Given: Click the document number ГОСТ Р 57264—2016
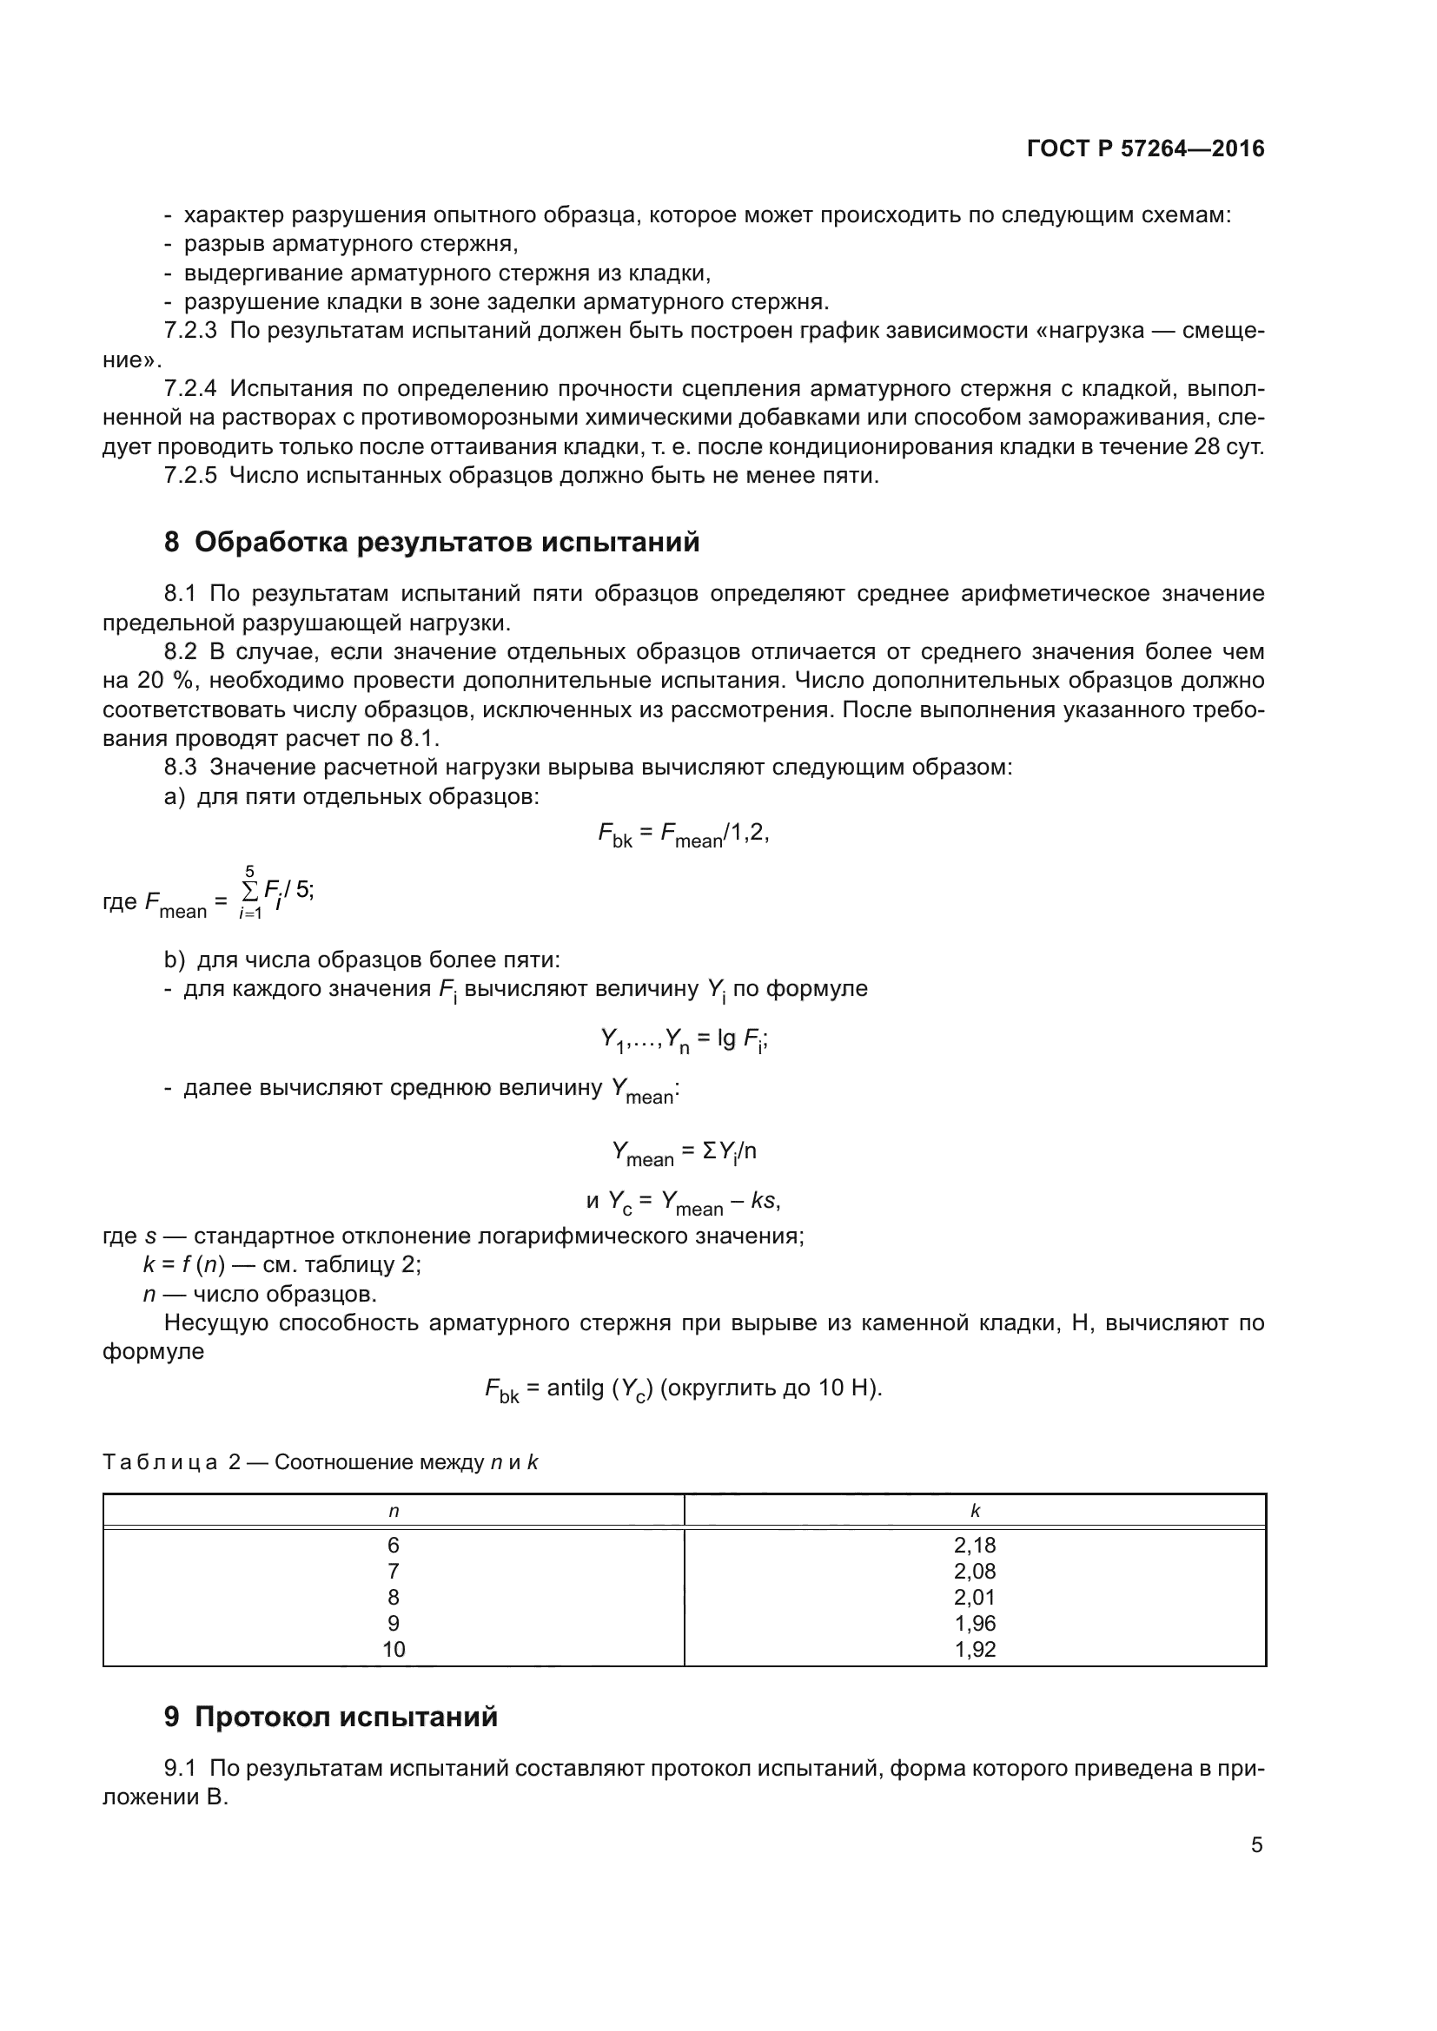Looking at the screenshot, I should coord(1145,148).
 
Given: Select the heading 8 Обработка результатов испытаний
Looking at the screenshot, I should coord(432,542).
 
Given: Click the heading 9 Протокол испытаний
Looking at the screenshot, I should coord(331,1717).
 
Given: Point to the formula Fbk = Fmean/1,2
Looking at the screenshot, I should coord(683,834).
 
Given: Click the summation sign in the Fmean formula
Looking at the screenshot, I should coord(250,888).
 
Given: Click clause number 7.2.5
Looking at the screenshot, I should coord(190,476).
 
